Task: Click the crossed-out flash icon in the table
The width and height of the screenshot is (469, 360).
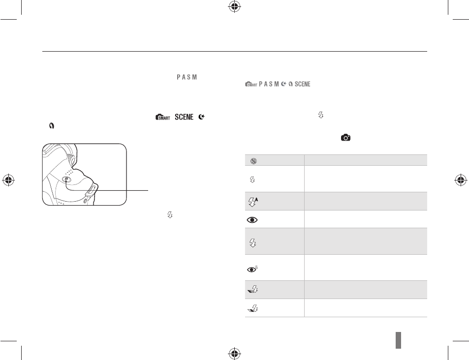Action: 253,161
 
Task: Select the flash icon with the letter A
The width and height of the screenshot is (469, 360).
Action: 253,202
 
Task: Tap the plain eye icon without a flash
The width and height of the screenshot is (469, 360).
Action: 252,220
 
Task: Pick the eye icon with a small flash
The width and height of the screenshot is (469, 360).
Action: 252,269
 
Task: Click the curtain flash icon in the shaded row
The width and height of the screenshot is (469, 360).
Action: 253,289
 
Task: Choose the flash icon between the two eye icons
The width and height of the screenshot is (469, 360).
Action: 253,242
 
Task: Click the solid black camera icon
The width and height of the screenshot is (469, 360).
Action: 346,138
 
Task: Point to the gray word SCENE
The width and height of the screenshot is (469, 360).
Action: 302,84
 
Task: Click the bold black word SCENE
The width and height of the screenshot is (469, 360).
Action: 184,117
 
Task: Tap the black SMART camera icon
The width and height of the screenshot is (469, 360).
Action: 163,117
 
